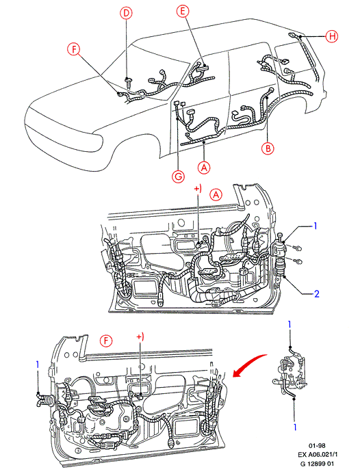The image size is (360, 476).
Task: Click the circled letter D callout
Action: [126, 13]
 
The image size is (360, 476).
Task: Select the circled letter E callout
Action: [183, 11]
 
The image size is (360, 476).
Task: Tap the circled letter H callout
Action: [332, 36]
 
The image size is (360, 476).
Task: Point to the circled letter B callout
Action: [268, 148]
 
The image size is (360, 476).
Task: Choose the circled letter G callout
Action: [179, 176]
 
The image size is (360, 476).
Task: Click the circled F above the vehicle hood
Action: [74, 49]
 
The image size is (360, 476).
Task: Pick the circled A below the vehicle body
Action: [204, 167]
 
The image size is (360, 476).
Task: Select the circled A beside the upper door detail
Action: [216, 194]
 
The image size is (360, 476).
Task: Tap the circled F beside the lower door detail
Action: [106, 341]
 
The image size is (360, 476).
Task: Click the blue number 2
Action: [317, 293]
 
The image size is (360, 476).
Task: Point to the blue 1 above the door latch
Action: [290, 325]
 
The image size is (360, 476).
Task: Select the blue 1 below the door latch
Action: [295, 427]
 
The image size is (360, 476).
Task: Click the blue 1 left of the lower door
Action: [38, 365]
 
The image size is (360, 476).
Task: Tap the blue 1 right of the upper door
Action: [316, 226]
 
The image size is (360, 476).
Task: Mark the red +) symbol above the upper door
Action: [198, 189]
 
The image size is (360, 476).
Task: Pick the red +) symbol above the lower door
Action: [140, 336]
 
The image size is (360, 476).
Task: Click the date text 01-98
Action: [317, 446]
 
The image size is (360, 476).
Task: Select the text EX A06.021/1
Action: [317, 454]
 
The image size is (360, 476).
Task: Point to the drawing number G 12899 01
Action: [317, 464]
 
